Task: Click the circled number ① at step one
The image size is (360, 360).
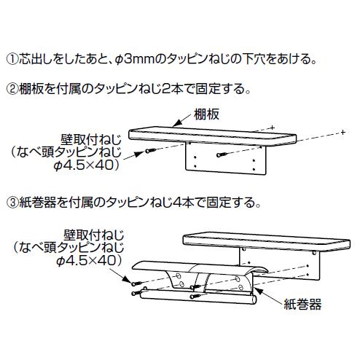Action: pyautogui.click(x=12, y=59)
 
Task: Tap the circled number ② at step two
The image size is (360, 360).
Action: pyautogui.click(x=12, y=89)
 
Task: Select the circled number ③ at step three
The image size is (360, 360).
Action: pyautogui.click(x=12, y=203)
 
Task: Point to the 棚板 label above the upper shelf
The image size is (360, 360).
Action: pyautogui.click(x=206, y=114)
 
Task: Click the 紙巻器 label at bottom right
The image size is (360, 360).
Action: pyautogui.click(x=302, y=304)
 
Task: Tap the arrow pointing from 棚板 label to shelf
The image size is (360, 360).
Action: pyautogui.click(x=181, y=120)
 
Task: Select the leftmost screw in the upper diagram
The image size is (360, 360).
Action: pyautogui.click(x=151, y=151)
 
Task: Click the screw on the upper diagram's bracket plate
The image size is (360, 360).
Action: pyautogui.click(x=222, y=154)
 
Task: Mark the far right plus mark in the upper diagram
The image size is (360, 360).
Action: pyautogui.click(x=343, y=132)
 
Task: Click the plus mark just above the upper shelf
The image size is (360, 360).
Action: pyautogui.click(x=273, y=128)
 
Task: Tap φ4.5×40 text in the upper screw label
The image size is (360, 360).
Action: pyautogui.click(x=87, y=165)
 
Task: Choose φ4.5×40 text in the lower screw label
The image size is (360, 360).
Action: pyautogui.click(x=90, y=261)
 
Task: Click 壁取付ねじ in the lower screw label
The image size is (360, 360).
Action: pyautogui.click(x=93, y=235)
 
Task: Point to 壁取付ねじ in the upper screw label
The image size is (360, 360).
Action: pyautogui.click(x=90, y=140)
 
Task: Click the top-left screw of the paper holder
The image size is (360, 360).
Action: pyautogui.click(x=137, y=283)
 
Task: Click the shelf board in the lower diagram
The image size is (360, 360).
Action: pyautogui.click(x=267, y=241)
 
